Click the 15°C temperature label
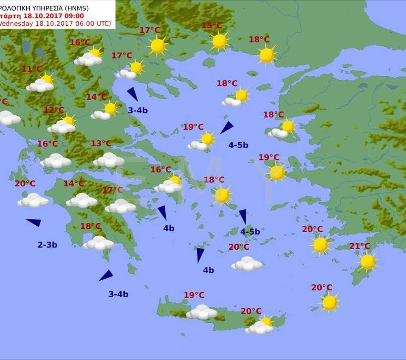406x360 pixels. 212,26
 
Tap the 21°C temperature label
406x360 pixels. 360,246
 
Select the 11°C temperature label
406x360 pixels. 32,69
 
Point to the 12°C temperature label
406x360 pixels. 54,110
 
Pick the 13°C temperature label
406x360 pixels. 101,144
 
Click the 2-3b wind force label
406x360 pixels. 48,245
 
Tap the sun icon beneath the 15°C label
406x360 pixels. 219,41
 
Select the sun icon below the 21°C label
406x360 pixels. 367,261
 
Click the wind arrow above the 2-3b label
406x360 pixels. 34,222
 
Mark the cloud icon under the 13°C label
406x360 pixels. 108,160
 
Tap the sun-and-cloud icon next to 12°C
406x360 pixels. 63,125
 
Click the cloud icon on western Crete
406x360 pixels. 202,312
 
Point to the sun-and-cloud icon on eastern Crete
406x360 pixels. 260,326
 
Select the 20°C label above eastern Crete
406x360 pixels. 251,311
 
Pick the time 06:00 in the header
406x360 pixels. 74,23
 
